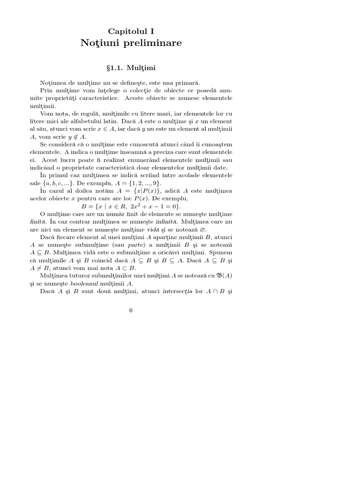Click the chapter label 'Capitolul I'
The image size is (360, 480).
tap(131, 31)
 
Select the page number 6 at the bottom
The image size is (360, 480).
tap(131, 310)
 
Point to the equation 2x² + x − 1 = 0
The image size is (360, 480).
tap(154, 206)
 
